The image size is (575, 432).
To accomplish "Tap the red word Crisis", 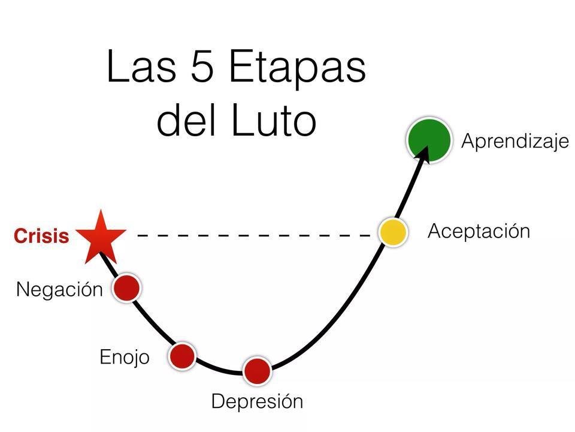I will pyautogui.click(x=41, y=236).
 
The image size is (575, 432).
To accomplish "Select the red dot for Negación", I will pyautogui.click(x=126, y=287).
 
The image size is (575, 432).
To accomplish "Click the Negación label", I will pyautogui.click(x=59, y=289).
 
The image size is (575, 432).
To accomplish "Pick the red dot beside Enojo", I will pyautogui.click(x=182, y=356).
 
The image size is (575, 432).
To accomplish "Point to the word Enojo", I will pyautogui.click(x=124, y=358).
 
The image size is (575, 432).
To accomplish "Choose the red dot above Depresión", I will pyautogui.click(x=257, y=370).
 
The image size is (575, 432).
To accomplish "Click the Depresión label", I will pyautogui.click(x=257, y=401).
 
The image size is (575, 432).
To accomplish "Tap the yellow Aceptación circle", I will pyautogui.click(x=393, y=232).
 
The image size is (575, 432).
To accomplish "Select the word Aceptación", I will pyautogui.click(x=479, y=232).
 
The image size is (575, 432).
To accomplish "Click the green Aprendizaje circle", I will pyautogui.click(x=428, y=140).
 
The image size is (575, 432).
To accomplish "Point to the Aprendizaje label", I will pyautogui.click(x=515, y=142).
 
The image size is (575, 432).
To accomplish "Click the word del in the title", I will pyautogui.click(x=184, y=120).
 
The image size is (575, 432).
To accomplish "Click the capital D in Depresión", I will pyautogui.click(x=218, y=401).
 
